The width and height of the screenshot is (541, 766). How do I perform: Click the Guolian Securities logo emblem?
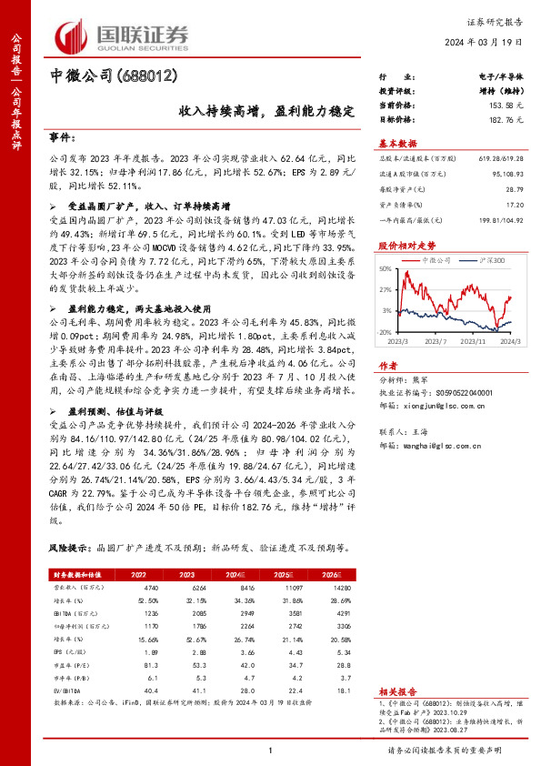tap(72, 34)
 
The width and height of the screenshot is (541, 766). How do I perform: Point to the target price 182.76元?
tap(486, 119)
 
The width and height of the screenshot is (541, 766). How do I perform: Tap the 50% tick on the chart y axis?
tap(386, 269)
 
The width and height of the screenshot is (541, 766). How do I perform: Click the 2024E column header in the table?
tap(236, 575)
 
